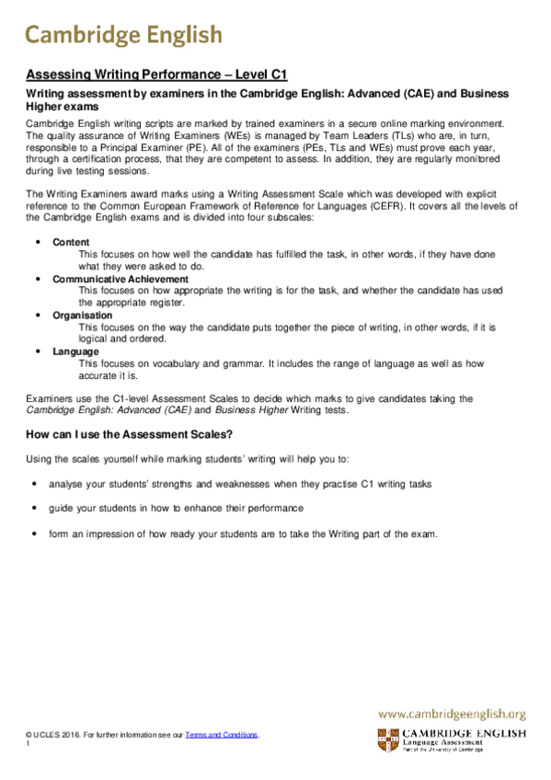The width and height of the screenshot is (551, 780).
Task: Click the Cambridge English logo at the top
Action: click(123, 35)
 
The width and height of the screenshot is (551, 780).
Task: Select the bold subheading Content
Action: click(71, 241)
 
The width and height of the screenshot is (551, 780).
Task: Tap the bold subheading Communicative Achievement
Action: click(121, 278)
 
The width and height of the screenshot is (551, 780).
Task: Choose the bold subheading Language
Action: click(75, 350)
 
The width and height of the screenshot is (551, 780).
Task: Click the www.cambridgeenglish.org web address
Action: click(452, 713)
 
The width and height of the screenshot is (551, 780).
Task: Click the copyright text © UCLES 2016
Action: click(54, 735)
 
